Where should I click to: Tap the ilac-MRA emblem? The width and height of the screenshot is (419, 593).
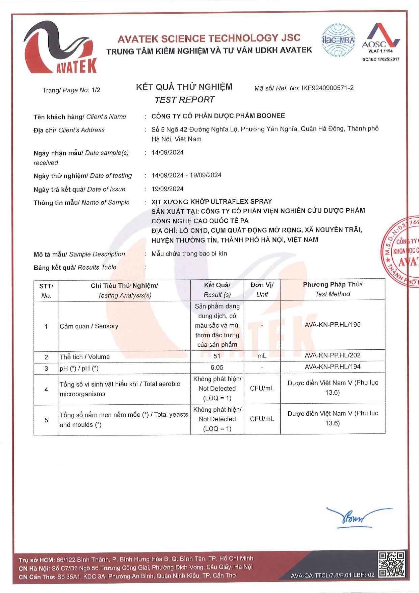(338, 40)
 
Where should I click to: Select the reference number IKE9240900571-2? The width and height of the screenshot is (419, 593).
(327, 88)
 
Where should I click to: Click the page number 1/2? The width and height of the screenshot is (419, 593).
(96, 90)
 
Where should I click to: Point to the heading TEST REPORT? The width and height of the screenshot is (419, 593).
(184, 100)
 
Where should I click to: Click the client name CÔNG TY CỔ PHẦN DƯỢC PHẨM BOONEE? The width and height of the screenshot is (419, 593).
(218, 116)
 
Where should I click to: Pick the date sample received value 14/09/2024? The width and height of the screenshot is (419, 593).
(167, 152)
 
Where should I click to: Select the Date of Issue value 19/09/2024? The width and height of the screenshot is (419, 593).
(167, 189)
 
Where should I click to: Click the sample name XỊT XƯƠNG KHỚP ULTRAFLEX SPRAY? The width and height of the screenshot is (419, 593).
(212, 201)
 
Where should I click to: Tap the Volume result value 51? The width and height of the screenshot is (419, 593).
(217, 356)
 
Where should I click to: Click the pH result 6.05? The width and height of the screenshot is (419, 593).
(217, 368)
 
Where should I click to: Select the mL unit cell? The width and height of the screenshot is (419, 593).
(262, 356)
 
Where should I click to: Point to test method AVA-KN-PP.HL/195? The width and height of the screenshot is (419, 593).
(332, 325)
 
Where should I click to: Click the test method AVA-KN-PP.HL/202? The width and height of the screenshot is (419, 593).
(332, 355)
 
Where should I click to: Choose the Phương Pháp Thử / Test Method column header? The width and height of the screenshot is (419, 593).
(332, 289)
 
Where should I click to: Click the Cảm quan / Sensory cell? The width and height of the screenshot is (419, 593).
(89, 326)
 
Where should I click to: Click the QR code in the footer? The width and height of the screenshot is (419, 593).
(391, 564)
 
